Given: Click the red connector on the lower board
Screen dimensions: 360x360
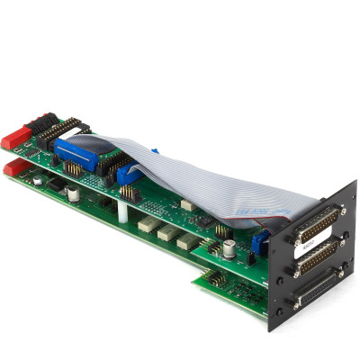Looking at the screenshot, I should pos(13,168).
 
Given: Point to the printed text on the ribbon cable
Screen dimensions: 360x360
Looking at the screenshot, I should pos(253,214).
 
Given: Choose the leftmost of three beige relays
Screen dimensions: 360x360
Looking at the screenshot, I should pos(147,223).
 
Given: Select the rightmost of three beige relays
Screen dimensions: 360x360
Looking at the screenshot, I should pos(188,241).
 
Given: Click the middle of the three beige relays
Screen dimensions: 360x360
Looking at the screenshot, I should pos(167,232).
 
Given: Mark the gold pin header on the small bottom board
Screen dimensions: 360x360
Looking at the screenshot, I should pos(216,278).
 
